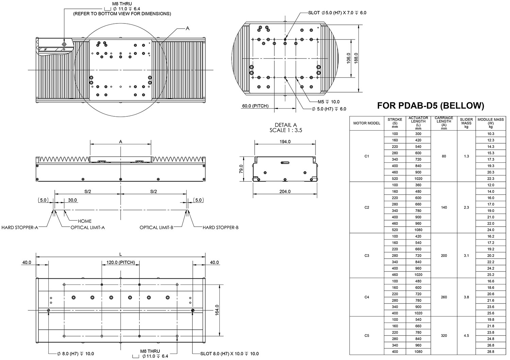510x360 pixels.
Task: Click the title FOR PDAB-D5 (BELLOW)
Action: click(x=430, y=106)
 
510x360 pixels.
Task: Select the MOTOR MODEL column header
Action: click(x=367, y=123)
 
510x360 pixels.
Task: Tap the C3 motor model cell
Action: click(x=367, y=256)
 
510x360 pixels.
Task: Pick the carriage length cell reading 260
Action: click(x=444, y=297)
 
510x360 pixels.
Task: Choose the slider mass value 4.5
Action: click(x=466, y=336)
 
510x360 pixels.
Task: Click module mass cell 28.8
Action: click(x=491, y=351)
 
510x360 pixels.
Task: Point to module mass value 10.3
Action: click(x=491, y=134)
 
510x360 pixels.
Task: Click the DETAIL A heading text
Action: click(x=286, y=125)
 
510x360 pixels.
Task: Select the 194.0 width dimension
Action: click(x=285, y=142)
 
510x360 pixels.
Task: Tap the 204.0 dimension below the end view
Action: click(x=285, y=192)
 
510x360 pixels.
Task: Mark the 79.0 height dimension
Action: click(x=241, y=169)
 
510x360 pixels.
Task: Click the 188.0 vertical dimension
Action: click(x=356, y=58)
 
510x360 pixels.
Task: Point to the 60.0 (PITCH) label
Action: click(x=255, y=106)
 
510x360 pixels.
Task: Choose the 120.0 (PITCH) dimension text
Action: click(x=121, y=262)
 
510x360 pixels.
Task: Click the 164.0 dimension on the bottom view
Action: click(x=217, y=310)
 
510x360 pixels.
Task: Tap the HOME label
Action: click(x=85, y=221)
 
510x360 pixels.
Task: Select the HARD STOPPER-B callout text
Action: click(x=221, y=227)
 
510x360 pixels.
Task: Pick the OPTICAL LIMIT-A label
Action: click(x=88, y=227)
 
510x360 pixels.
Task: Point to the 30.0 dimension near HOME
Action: click(x=72, y=200)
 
